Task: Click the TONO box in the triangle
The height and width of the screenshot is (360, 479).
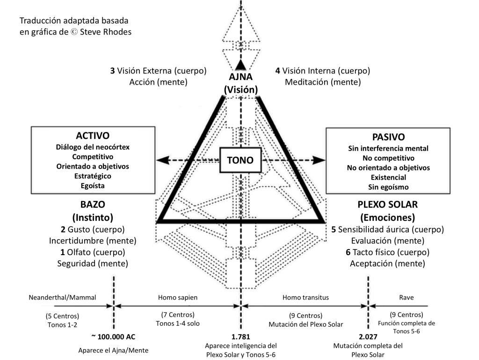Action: coord(240,160)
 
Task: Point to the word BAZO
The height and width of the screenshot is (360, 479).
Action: coord(93,205)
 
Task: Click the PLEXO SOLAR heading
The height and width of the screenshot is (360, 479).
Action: coord(387,205)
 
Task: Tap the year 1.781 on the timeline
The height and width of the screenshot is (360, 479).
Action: coord(240,337)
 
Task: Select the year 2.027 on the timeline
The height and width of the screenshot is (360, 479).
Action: coord(368,337)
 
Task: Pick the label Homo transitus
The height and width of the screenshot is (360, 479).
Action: coord(306,297)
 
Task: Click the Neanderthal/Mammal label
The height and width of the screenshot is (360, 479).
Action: coord(56,297)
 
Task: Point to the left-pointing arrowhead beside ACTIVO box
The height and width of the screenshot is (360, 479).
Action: coord(162,160)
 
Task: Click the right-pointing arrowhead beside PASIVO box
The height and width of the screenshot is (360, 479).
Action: coord(319,160)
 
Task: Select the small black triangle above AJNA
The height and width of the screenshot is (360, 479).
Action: coord(240,65)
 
